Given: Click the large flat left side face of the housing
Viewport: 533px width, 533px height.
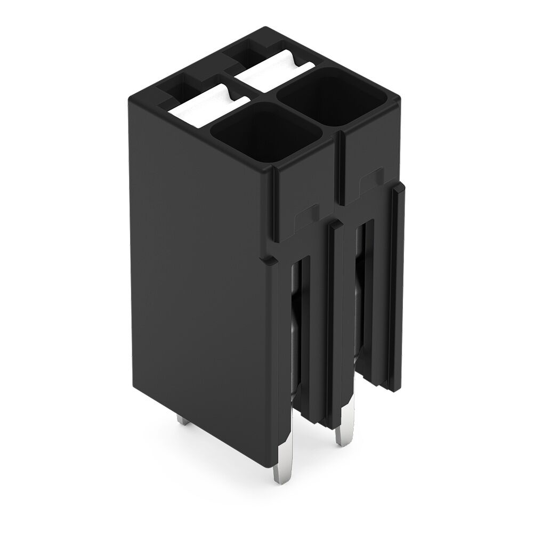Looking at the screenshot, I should (203, 277).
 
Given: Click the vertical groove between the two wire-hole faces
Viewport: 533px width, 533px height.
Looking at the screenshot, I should (336, 171).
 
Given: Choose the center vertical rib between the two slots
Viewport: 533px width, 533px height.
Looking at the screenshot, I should (334, 320).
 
